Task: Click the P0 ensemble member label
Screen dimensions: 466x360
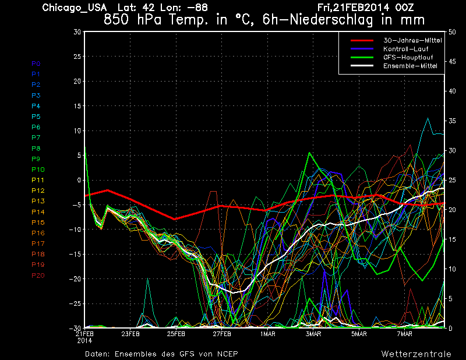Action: pyautogui.click(x=36, y=63)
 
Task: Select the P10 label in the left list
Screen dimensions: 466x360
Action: pyautogui.click(x=38, y=170)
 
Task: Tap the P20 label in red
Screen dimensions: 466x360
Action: pyautogui.click(x=38, y=276)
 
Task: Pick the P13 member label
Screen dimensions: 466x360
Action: pyautogui.click(x=38, y=201)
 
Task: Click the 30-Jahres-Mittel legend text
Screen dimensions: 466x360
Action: pyautogui.click(x=412, y=40)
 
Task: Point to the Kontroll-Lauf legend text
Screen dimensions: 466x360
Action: pyautogui.click(x=405, y=49)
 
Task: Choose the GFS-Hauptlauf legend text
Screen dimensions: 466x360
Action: pyautogui.click(x=408, y=57)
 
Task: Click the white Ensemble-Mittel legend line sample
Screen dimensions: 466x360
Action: pyautogui.click(x=362, y=66)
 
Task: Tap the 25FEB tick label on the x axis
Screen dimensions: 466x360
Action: pyautogui.click(x=176, y=334)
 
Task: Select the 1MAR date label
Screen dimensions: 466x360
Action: pyautogui.click(x=268, y=334)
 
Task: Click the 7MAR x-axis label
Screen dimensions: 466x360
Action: pyautogui.click(x=405, y=334)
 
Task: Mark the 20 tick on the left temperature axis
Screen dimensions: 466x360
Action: pyautogui.click(x=77, y=81)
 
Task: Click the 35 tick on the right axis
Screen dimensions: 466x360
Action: pyautogui.click(x=452, y=121)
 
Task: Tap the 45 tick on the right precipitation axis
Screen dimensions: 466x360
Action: pyautogui.click(x=452, y=62)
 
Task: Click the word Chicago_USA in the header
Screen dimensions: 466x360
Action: pyautogui.click(x=75, y=8)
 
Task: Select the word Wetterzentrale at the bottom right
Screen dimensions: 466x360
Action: pyautogui.click(x=416, y=354)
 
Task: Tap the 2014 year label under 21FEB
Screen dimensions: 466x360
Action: pyautogui.click(x=84, y=341)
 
